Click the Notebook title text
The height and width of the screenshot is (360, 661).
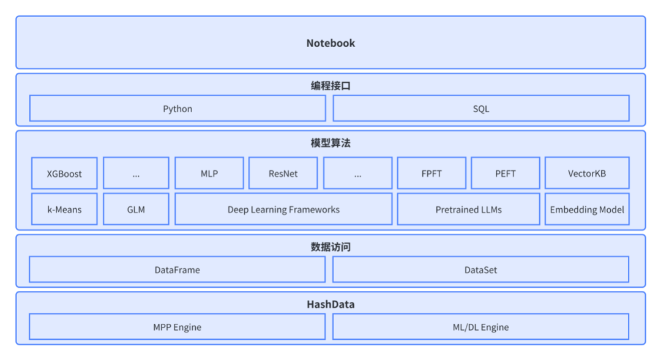tap(330, 43)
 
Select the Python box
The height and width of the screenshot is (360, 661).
tap(177, 108)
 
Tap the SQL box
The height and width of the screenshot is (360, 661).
tap(481, 108)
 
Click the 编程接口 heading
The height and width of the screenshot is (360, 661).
tap(330, 86)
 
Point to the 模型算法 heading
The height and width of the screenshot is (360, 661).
tap(330, 143)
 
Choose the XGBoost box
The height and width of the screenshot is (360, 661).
tap(64, 173)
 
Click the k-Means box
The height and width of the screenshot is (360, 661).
tap(64, 209)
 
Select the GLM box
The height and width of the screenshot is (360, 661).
tap(136, 209)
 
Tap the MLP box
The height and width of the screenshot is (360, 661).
tap(209, 173)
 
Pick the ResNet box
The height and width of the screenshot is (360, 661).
tap(283, 173)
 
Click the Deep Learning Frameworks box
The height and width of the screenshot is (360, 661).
tap(283, 209)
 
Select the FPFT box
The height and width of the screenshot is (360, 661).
tap(431, 173)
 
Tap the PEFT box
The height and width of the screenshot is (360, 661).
tap(506, 173)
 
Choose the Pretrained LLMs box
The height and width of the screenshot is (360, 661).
tap(469, 209)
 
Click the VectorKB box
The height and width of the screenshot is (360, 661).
tap(587, 173)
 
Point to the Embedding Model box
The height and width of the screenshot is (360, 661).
tap(587, 209)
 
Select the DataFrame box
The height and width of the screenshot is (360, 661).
tap(177, 269)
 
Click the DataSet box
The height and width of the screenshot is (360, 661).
tap(481, 269)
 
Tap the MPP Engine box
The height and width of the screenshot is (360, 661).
tap(177, 327)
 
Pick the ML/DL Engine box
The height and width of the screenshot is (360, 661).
tap(481, 327)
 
